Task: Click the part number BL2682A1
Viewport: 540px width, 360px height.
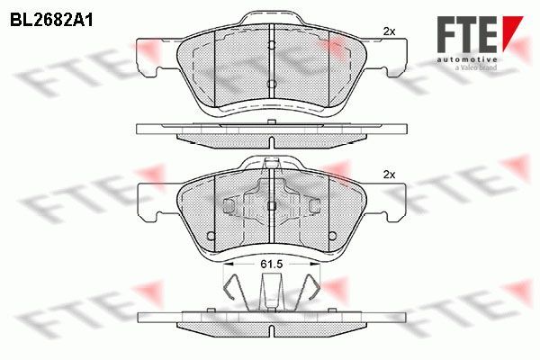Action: pyautogui.click(x=51, y=21)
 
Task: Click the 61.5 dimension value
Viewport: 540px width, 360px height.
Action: pyautogui.click(x=272, y=264)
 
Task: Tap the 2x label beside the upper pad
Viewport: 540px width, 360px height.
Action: pyautogui.click(x=389, y=31)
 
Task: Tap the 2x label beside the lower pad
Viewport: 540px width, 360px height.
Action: pyautogui.click(x=389, y=175)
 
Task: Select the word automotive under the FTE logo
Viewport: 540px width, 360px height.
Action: pyautogui.click(x=467, y=59)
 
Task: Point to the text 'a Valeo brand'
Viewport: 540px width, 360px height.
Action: pyautogui.click(x=476, y=67)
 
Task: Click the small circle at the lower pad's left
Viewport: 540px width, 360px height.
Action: pyautogui.click(x=211, y=236)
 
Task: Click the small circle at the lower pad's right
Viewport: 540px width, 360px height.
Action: pyautogui.click(x=332, y=236)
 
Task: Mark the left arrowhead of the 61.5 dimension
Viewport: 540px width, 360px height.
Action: pyautogui.click(x=229, y=264)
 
